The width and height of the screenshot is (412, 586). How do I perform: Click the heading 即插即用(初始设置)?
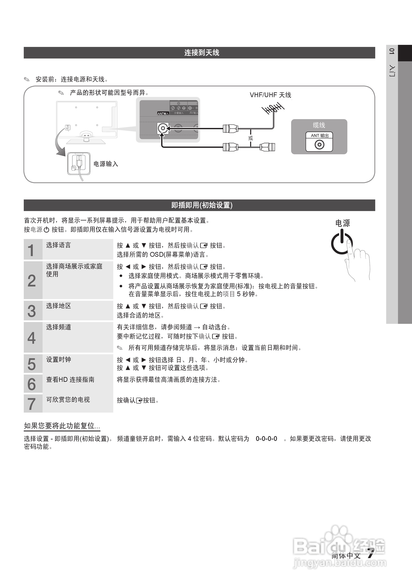[x=201, y=205]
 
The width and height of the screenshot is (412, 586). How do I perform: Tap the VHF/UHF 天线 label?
[x=270, y=95]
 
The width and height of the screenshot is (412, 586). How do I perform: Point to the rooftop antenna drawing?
[x=273, y=109]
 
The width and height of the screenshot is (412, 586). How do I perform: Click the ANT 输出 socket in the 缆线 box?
[x=319, y=145]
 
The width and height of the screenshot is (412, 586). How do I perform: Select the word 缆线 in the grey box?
[x=319, y=125]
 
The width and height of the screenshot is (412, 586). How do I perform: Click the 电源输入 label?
[x=106, y=164]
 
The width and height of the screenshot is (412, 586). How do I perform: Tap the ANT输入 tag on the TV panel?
[x=163, y=113]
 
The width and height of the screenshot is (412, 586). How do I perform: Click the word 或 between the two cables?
[x=250, y=138]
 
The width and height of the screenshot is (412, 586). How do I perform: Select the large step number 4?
[x=31, y=338]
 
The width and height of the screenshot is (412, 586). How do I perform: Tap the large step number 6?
[x=31, y=384]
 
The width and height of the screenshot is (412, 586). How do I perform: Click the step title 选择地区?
[x=58, y=306]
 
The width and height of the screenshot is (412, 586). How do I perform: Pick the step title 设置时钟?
[x=58, y=360]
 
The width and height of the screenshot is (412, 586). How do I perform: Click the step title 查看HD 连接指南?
[x=70, y=380]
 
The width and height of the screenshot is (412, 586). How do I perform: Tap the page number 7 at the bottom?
[x=370, y=554]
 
